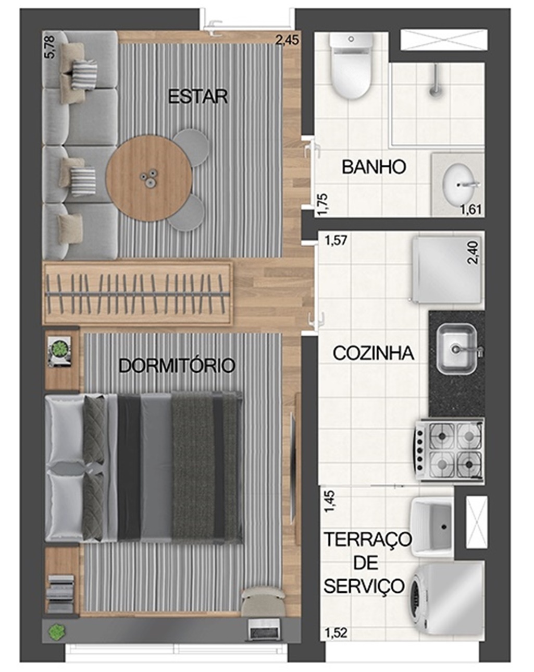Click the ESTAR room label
198,96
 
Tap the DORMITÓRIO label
177,365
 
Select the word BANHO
374,167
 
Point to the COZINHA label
373,353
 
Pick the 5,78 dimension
50,47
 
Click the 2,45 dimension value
287,40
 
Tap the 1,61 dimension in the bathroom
471,209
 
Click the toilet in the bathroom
352,66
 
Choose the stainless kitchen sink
457,349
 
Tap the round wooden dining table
149,179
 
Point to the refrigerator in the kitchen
446,269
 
